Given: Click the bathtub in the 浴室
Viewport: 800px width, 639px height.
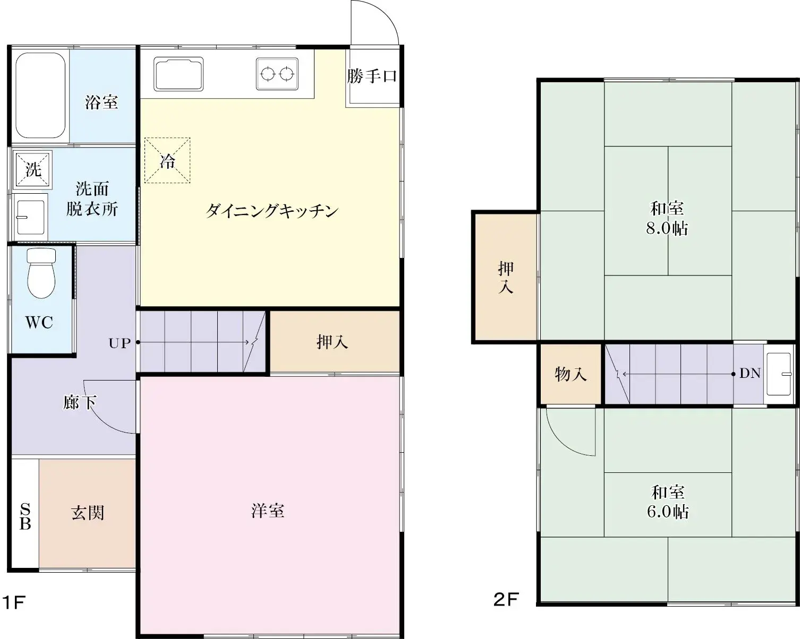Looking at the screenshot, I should coord(40,96).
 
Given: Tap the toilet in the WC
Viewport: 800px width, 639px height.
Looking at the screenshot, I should coord(41,273).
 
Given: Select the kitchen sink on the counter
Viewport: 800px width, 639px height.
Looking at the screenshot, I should coord(178,74).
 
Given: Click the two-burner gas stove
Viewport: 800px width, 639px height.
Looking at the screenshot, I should coord(277,74).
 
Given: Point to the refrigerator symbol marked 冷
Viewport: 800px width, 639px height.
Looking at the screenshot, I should coord(167,161).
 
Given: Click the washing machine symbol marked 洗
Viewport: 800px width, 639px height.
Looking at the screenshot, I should coord(33,170).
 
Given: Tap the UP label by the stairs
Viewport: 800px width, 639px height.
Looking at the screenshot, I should coord(120,343).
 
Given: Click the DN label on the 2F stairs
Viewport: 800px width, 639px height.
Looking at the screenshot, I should coord(750,374).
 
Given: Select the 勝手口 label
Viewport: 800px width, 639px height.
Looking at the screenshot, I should coord(372,76).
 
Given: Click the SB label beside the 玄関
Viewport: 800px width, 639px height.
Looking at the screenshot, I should coord(25,516).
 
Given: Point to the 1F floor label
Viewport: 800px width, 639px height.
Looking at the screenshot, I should coord(14,602).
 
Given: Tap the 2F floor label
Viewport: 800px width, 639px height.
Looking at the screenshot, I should coord(506,600).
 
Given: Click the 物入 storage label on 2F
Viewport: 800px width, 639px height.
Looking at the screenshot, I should coord(571,374).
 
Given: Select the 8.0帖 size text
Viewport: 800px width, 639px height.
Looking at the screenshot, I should coord(667,228).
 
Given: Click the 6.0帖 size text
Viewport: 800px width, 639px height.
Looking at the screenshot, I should coord(668,512).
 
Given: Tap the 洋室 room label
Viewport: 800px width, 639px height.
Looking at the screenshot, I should coord(268,511).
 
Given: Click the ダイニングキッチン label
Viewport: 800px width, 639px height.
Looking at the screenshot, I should coord(271,211).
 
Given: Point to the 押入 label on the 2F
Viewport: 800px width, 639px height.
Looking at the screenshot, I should coord(505,277).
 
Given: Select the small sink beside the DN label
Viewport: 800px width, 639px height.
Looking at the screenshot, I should coord(779,374).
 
